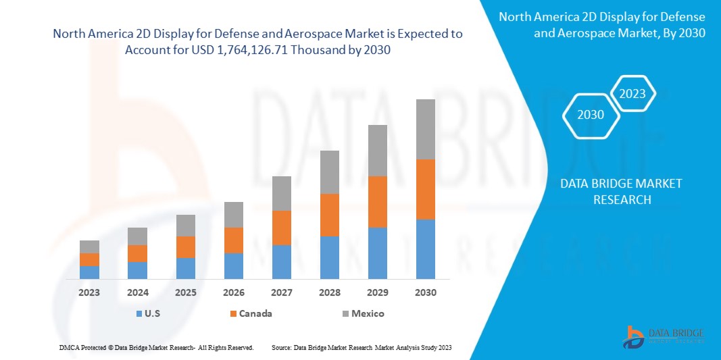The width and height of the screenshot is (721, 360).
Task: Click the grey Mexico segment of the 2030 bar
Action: point(425,129)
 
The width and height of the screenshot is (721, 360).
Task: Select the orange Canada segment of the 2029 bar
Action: point(377,201)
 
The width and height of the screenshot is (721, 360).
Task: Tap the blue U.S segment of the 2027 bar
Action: point(281,261)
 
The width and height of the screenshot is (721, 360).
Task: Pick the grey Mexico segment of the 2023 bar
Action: point(89,247)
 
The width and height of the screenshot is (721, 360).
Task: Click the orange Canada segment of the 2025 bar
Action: point(185,247)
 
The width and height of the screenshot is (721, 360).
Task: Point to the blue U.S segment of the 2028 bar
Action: point(329,257)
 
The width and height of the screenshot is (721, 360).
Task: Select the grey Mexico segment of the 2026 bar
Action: point(233,214)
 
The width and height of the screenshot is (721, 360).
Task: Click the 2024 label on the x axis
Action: point(137,292)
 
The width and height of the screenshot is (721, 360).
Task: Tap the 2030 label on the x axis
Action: point(425,292)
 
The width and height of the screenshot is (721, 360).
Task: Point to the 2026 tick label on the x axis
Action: point(233,292)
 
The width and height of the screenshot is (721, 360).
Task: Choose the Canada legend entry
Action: point(251,313)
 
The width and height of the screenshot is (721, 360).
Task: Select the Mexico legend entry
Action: point(362,313)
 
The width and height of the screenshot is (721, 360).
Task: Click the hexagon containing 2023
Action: point(632,95)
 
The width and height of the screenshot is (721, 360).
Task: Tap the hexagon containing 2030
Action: point(591,115)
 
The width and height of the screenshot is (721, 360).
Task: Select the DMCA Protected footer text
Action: point(156,347)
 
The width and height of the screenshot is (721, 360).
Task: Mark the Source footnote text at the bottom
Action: point(362,347)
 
